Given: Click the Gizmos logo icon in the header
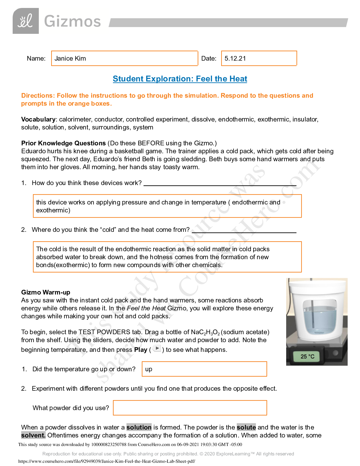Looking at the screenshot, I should [x=26, y=21].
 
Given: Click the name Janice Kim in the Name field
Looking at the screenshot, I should [x=70, y=59].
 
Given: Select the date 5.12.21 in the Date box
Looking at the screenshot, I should [x=235, y=59].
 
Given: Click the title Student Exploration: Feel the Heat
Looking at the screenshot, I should [x=180, y=79].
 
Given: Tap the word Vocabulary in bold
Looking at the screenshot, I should [x=38, y=119].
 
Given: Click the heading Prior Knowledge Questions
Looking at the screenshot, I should [x=63, y=143].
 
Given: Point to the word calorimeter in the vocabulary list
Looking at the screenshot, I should [x=75, y=119].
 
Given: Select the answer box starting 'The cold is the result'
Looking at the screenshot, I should [x=167, y=257].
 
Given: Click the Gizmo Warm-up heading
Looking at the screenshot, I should [x=46, y=292].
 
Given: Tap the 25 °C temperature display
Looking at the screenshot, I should [x=307, y=357].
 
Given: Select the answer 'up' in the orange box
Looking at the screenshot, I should [x=149, y=369].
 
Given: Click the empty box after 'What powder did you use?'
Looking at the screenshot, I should [x=190, y=408].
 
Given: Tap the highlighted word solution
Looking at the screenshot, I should [x=139, y=427].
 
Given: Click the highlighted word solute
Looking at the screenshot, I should [x=246, y=427].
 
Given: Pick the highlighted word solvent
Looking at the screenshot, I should [x=33, y=435].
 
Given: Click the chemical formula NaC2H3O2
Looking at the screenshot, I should [x=205, y=332].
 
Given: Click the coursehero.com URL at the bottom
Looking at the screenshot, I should [x=106, y=461].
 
